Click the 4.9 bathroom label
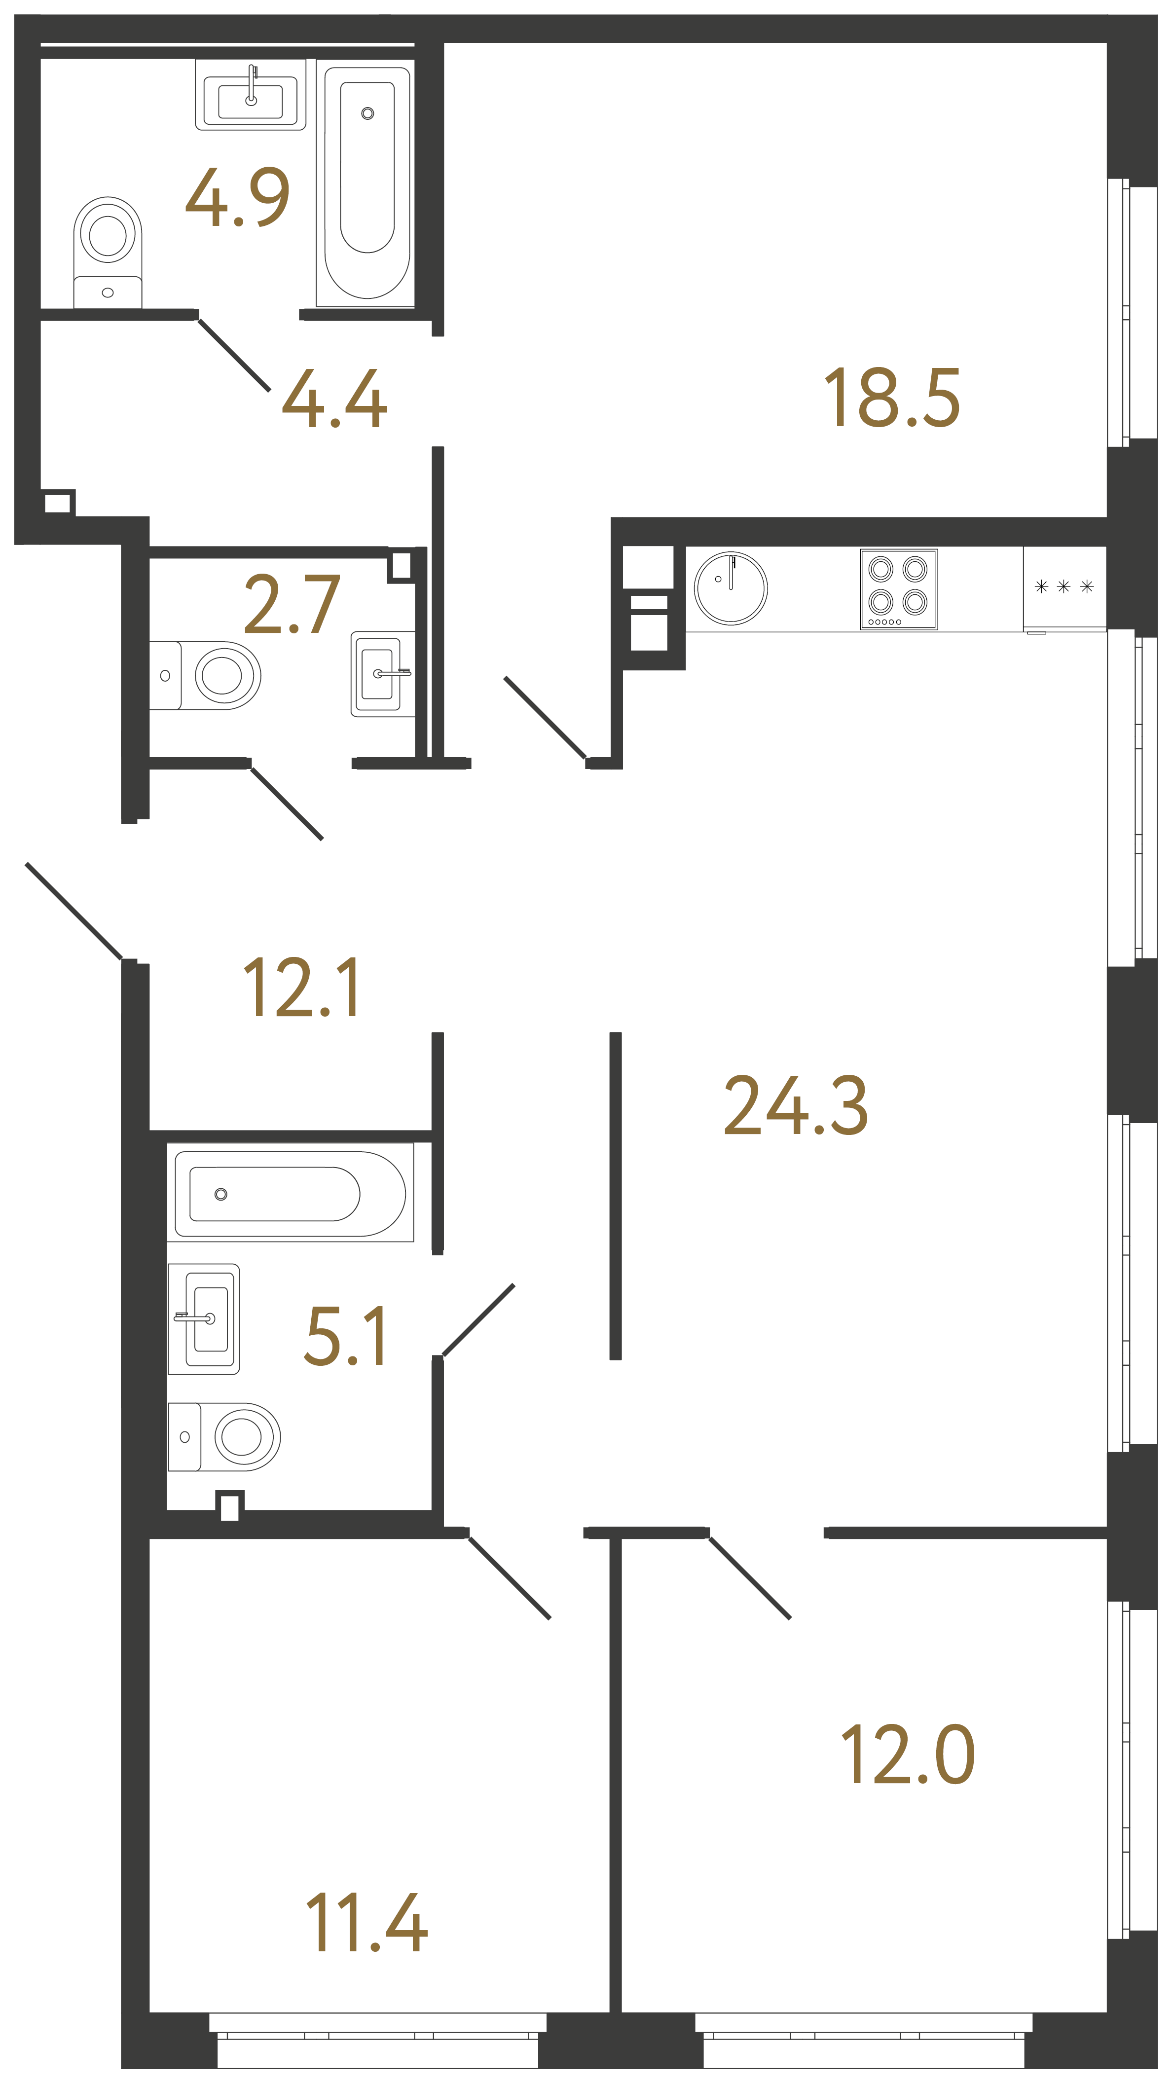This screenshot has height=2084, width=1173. [237, 197]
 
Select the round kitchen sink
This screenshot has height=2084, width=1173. [731, 588]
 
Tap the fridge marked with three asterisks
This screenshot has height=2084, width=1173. [1064, 587]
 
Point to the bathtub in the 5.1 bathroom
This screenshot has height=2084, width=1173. [290, 1194]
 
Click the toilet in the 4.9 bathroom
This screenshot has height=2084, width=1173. [108, 251]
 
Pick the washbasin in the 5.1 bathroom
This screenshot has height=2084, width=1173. [204, 1318]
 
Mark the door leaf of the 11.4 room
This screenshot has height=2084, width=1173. [510, 1577]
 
